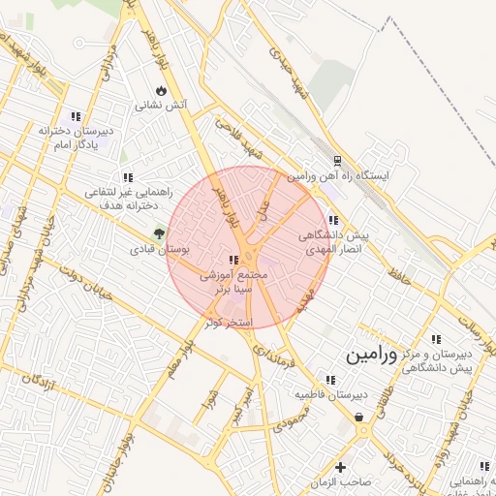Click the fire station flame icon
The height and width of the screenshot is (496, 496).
pos(161,90)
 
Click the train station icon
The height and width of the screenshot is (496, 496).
pos(336,161)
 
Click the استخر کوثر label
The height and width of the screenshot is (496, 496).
pos(230,321)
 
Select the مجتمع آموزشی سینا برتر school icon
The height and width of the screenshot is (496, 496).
pos(232,260)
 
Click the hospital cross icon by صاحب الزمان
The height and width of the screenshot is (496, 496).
pos(338,468)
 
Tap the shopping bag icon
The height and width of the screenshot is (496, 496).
pos(359,418)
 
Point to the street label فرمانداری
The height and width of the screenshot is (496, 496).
pos(276,346)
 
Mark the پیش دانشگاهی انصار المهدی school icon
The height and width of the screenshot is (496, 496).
pos(333,221)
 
